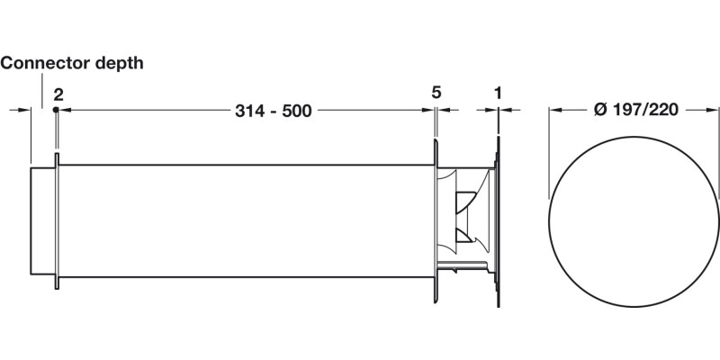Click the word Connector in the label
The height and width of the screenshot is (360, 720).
[41, 63]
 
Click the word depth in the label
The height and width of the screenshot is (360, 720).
[115, 63]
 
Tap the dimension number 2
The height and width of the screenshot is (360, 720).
[58, 93]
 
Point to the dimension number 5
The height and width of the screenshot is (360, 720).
[436, 93]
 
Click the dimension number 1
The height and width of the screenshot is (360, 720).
[498, 93]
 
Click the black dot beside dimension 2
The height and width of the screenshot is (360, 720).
[56, 110]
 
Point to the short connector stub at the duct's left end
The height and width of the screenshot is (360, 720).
[43, 220]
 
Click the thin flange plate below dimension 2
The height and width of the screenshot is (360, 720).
[58, 220]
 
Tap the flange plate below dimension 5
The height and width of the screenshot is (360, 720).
[436, 220]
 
